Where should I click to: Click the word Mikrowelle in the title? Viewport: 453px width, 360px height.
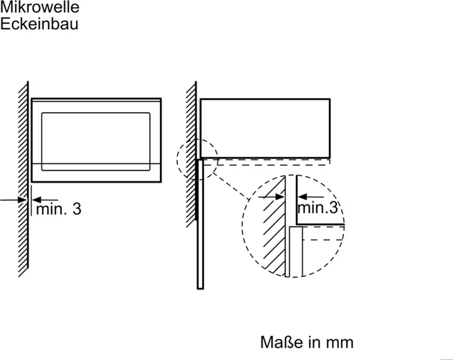40,7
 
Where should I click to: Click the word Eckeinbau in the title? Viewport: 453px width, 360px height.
39,23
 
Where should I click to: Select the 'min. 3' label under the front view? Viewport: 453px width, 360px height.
58,209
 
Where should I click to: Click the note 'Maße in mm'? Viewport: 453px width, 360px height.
307,342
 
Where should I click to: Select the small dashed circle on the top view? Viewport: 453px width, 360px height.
197,159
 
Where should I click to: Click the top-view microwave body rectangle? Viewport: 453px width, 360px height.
265,128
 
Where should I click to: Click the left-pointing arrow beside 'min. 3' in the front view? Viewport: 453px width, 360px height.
45,200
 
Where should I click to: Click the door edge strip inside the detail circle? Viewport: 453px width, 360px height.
296,252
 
